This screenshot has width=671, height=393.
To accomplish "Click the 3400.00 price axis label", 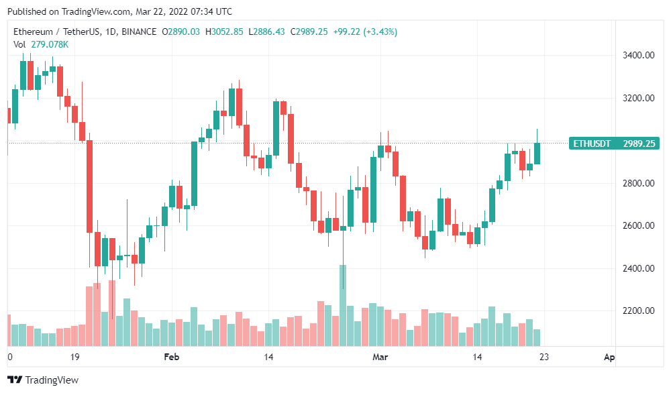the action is (x=639, y=55).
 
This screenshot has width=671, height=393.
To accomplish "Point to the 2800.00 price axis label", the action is (x=639, y=183).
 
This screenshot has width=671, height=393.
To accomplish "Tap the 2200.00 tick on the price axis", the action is (x=639, y=311).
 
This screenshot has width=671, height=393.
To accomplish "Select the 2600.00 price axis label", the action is (x=639, y=225).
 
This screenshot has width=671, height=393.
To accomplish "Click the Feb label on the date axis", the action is (x=172, y=357).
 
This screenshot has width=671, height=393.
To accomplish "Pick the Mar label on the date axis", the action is (x=380, y=357).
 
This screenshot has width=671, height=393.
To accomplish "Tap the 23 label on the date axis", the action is (x=544, y=357).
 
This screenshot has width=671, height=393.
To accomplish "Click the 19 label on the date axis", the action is (x=75, y=357).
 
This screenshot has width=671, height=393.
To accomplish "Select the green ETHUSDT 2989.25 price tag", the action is (x=614, y=144).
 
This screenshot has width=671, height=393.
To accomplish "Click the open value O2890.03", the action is (x=180, y=32).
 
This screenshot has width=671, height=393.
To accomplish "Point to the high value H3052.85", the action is (x=224, y=32).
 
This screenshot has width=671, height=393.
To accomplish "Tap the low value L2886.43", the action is (x=266, y=32).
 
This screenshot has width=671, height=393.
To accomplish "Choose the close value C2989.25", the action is (x=309, y=32).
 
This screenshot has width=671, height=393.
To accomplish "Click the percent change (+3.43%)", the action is (x=380, y=32).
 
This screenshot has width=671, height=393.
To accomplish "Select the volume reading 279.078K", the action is (x=50, y=44).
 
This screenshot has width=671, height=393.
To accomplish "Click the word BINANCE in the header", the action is (x=139, y=32).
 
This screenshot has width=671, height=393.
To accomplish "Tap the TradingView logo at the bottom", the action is (x=43, y=380).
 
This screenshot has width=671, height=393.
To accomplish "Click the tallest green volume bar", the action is (x=343, y=305).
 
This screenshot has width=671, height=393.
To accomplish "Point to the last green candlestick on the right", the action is (x=537, y=153).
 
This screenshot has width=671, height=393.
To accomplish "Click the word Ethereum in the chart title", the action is (x=33, y=32).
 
